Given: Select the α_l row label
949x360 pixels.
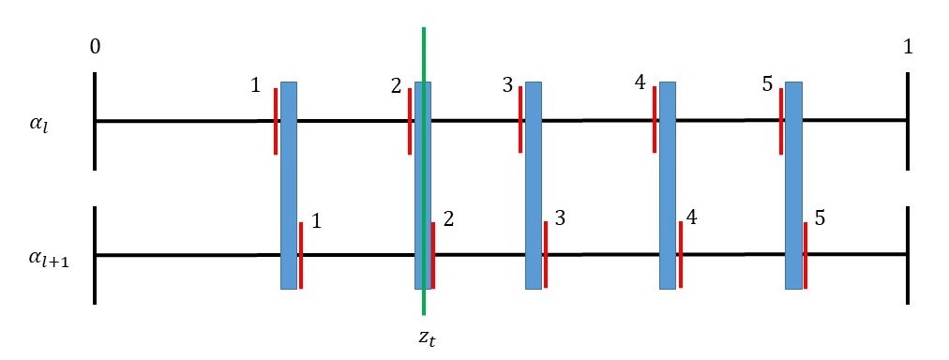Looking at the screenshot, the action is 38,122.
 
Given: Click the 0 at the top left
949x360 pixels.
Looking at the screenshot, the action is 96,48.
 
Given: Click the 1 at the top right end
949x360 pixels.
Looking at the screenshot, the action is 908,48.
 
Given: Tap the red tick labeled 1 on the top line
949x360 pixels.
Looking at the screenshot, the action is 276,121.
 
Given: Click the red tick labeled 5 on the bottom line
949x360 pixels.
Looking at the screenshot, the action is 806,255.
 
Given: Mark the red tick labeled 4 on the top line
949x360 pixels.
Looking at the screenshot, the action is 655,121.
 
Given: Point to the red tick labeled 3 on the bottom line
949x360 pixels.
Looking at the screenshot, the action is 546,255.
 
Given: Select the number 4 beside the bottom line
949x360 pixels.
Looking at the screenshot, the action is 691,218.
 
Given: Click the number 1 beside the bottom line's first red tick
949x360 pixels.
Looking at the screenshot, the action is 316,222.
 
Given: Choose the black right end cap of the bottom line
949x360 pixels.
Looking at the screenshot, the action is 908,255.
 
